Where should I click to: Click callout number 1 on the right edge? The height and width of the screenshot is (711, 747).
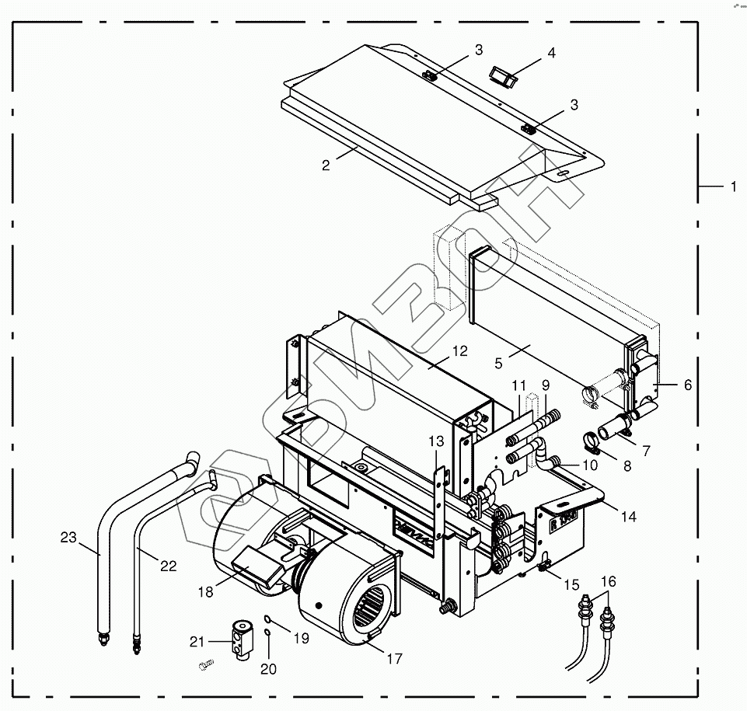[x=732, y=186]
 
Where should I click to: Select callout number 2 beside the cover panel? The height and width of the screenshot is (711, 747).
[x=326, y=165]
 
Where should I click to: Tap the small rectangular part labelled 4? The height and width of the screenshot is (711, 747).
[x=503, y=75]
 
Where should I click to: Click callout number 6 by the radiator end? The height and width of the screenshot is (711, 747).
[x=688, y=385]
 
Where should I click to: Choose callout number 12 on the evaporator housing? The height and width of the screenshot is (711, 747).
[x=459, y=351]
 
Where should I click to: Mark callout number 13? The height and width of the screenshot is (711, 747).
[x=436, y=441]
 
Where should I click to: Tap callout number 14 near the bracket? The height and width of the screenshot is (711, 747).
[x=628, y=517]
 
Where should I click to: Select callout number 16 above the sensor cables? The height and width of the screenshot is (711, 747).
[x=608, y=581]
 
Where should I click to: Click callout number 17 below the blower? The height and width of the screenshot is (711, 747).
[x=394, y=659]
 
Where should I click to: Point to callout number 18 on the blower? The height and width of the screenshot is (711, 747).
[x=204, y=592]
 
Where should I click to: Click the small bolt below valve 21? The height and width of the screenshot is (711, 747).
[x=206, y=665]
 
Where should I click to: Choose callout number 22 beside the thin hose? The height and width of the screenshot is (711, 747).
[x=169, y=566]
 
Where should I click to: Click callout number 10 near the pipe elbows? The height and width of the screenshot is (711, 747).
[x=590, y=466]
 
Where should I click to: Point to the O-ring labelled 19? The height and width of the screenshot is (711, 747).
[x=267, y=619]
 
